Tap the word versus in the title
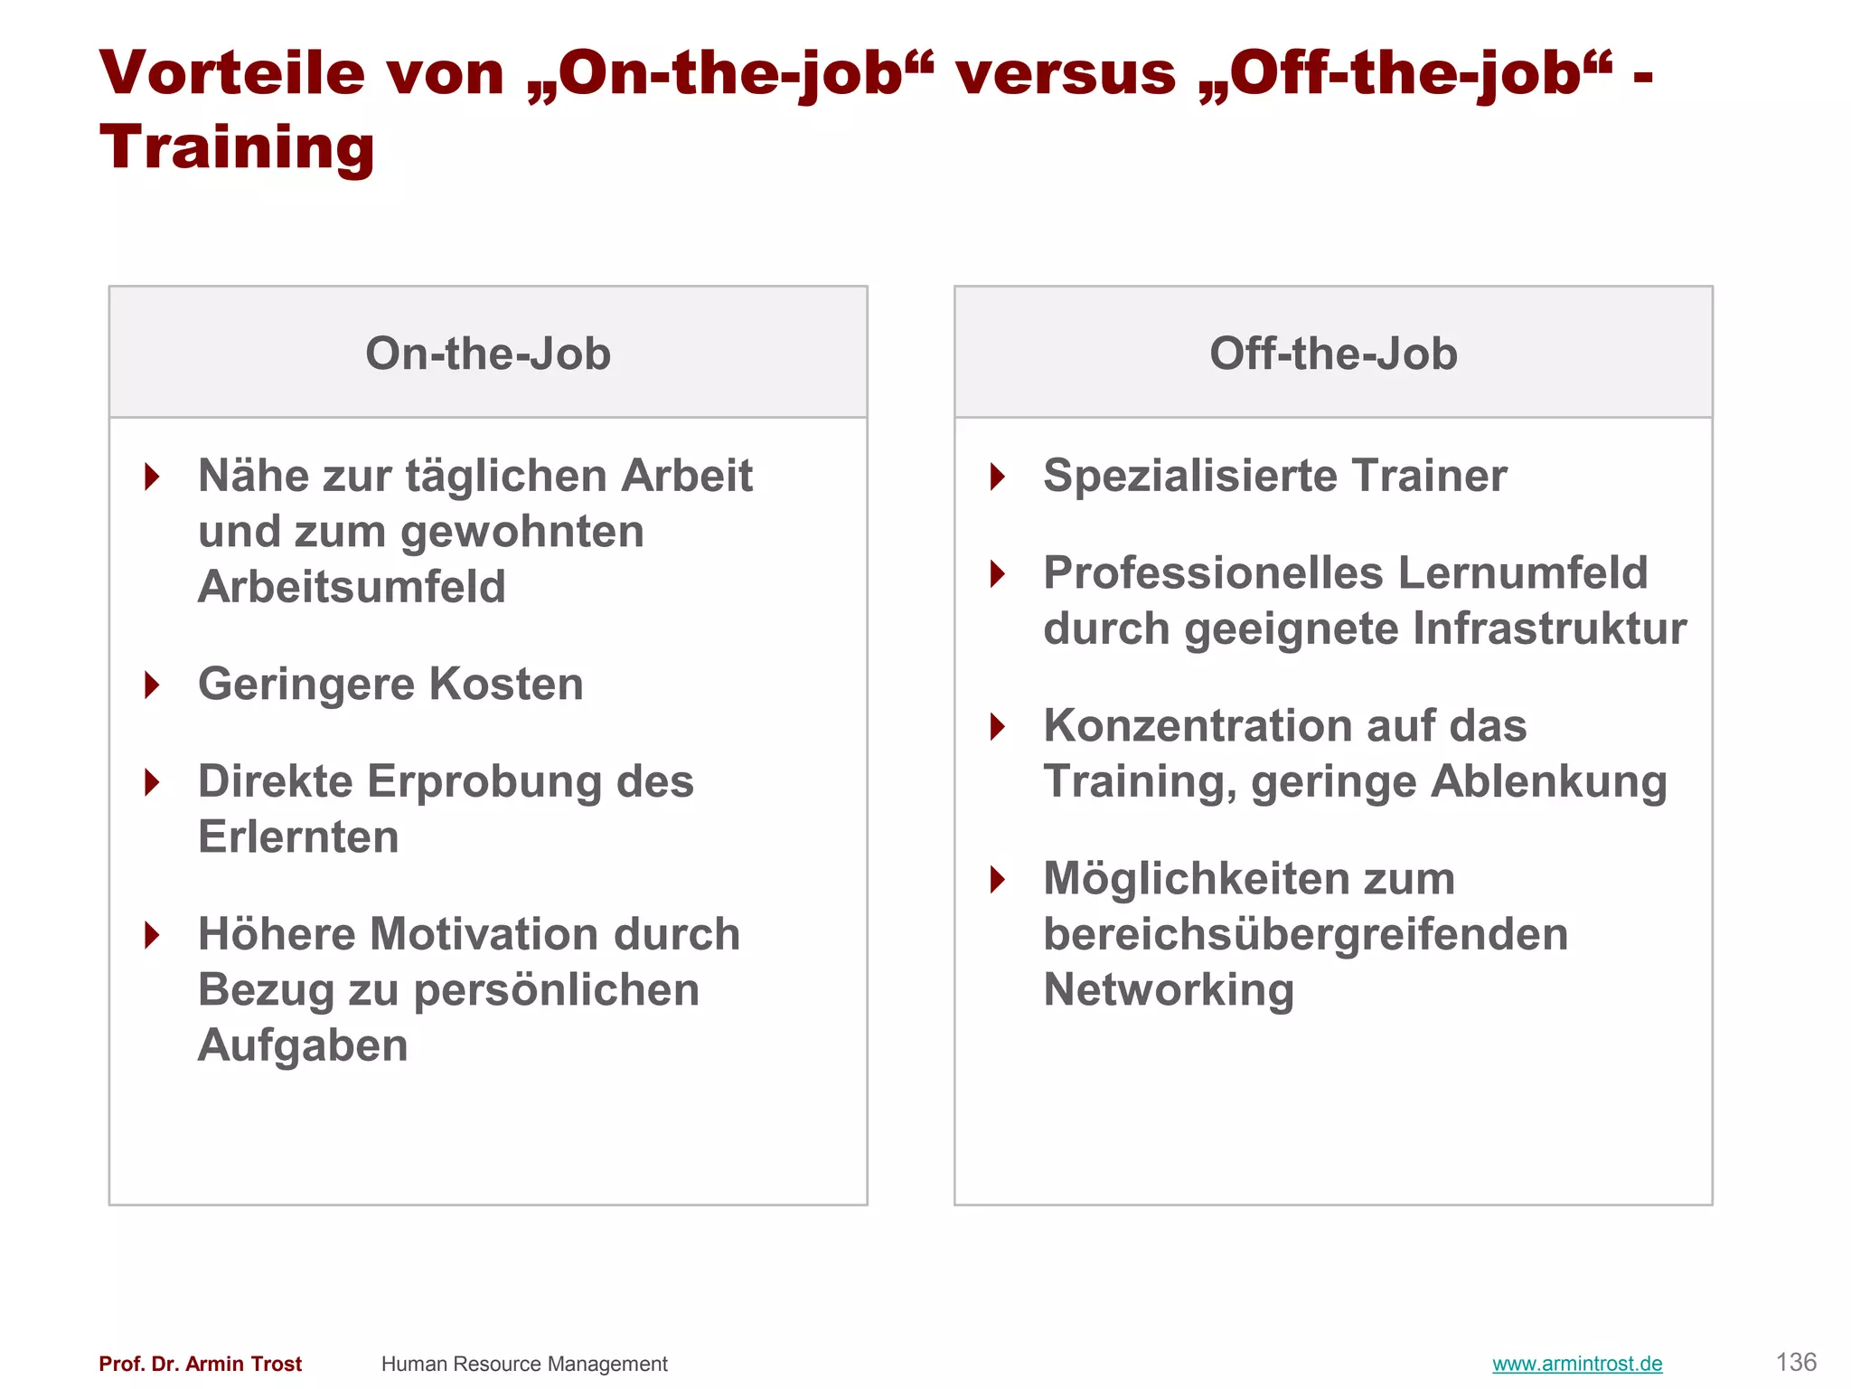tap(1066, 73)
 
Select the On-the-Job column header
tap(488, 354)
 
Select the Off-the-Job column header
tap(1333, 354)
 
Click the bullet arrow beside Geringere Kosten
tap(152, 685)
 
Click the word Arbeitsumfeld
tap(352, 587)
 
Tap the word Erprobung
tap(484, 781)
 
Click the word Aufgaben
tap(303, 1045)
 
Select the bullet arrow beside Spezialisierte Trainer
tap(998, 477)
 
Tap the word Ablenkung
tap(1549, 782)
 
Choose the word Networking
tap(1169, 990)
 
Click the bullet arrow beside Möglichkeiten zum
tap(998, 879)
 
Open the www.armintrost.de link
tap(1577, 1364)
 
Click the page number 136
tap(1796, 1362)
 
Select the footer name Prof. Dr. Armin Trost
tap(201, 1364)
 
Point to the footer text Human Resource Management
tap(524, 1364)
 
